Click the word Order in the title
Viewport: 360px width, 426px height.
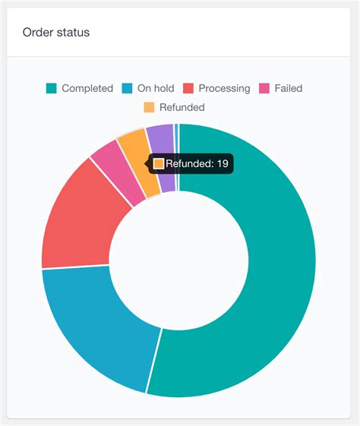(x=38, y=33)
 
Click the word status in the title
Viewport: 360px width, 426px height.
(x=73, y=33)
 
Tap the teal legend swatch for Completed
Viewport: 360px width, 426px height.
(x=52, y=88)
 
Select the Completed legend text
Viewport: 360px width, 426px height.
(x=87, y=88)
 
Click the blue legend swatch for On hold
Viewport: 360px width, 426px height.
(x=127, y=88)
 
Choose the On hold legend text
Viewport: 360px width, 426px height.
(x=156, y=88)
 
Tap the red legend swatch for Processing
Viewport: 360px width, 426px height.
(x=189, y=88)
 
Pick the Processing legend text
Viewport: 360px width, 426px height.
(x=224, y=88)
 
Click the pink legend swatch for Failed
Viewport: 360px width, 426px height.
(x=265, y=88)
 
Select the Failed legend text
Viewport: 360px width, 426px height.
(x=288, y=88)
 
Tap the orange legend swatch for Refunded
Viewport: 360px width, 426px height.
(x=149, y=107)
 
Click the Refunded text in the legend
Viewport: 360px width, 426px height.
(x=182, y=107)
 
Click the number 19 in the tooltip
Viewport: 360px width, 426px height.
(x=223, y=163)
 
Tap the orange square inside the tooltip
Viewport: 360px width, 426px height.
(x=159, y=163)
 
